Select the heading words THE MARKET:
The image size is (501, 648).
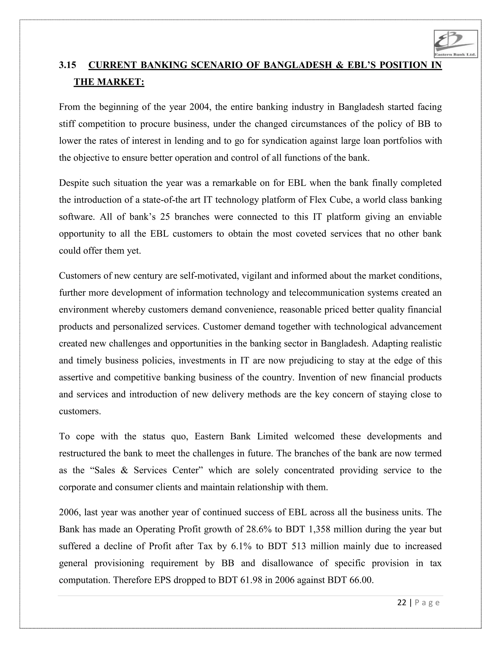point(109,82)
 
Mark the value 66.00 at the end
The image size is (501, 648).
point(361,580)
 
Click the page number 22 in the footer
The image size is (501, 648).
point(402,603)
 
